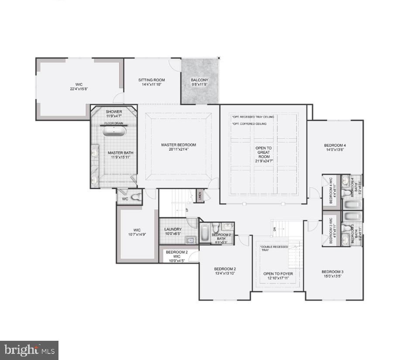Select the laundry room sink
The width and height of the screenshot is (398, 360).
pyautogui.click(x=190, y=239)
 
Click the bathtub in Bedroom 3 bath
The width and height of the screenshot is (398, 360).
pyautogui.click(x=352, y=216)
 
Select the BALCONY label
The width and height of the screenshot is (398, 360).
pyautogui.click(x=199, y=80)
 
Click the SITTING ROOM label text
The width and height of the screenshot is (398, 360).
pyautogui.click(x=151, y=80)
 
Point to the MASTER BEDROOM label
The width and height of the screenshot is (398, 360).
pyautogui.click(x=178, y=145)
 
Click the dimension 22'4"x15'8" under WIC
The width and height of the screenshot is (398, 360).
pyautogui.click(x=79, y=89)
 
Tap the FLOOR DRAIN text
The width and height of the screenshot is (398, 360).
pyautogui.click(x=113, y=123)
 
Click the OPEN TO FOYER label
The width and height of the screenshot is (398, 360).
pyautogui.click(x=278, y=274)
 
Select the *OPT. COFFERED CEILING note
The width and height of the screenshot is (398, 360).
pyautogui.click(x=249, y=124)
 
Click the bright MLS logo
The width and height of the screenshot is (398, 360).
pyautogui.click(x=29, y=350)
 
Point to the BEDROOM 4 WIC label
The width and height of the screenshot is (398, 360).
pyautogui.click(x=330, y=190)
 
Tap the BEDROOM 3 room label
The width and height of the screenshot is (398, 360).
pyautogui.click(x=333, y=271)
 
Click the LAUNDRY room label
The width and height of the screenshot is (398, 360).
pyautogui.click(x=173, y=229)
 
